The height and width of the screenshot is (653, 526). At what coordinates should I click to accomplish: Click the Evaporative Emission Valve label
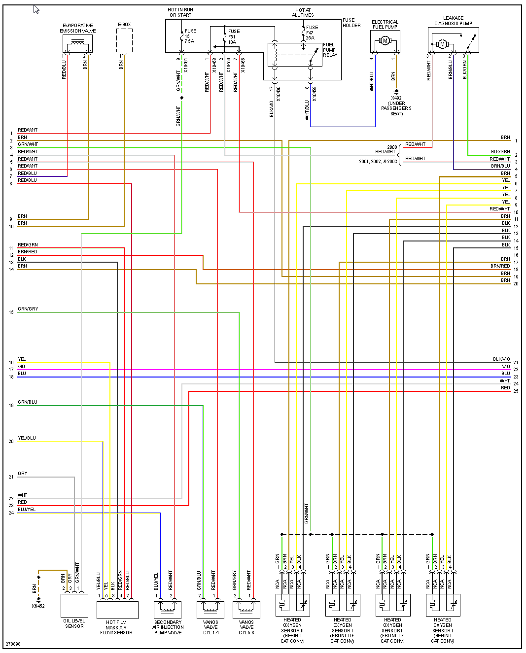tap(78, 28)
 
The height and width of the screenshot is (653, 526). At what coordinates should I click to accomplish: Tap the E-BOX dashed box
tap(124, 40)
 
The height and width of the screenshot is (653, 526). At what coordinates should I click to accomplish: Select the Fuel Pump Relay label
tap(330, 50)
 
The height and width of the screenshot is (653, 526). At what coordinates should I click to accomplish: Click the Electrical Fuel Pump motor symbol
tap(385, 41)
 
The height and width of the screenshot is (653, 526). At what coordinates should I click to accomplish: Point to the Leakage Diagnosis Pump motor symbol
tap(442, 44)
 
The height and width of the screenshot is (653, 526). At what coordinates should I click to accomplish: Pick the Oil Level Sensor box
tap(74, 605)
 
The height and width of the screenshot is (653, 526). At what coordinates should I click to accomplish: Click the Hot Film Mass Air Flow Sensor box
tap(117, 610)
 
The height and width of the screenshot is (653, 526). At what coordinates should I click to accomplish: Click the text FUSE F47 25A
tap(312, 33)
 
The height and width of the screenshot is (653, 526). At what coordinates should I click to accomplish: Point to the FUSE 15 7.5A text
tap(190, 36)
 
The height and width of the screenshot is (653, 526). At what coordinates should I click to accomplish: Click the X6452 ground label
tap(38, 606)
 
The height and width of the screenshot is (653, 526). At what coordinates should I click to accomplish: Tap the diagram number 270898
tap(13, 644)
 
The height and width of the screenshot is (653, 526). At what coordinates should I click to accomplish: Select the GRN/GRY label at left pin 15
tap(28, 309)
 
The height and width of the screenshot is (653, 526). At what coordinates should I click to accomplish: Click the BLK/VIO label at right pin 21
tap(501, 359)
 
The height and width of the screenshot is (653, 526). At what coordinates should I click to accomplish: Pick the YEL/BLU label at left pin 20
tap(27, 438)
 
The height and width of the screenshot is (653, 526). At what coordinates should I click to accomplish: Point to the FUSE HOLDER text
tap(351, 23)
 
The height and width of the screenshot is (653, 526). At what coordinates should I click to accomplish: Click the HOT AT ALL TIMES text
tap(303, 12)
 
